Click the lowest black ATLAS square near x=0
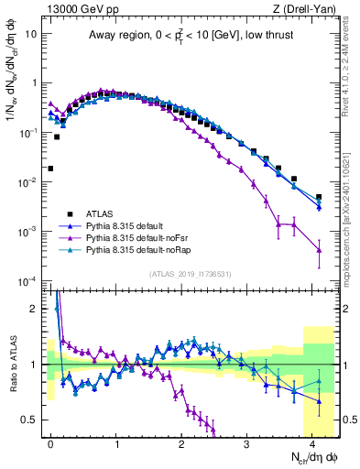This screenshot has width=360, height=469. [50, 169]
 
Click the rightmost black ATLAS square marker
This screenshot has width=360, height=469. [319, 197]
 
